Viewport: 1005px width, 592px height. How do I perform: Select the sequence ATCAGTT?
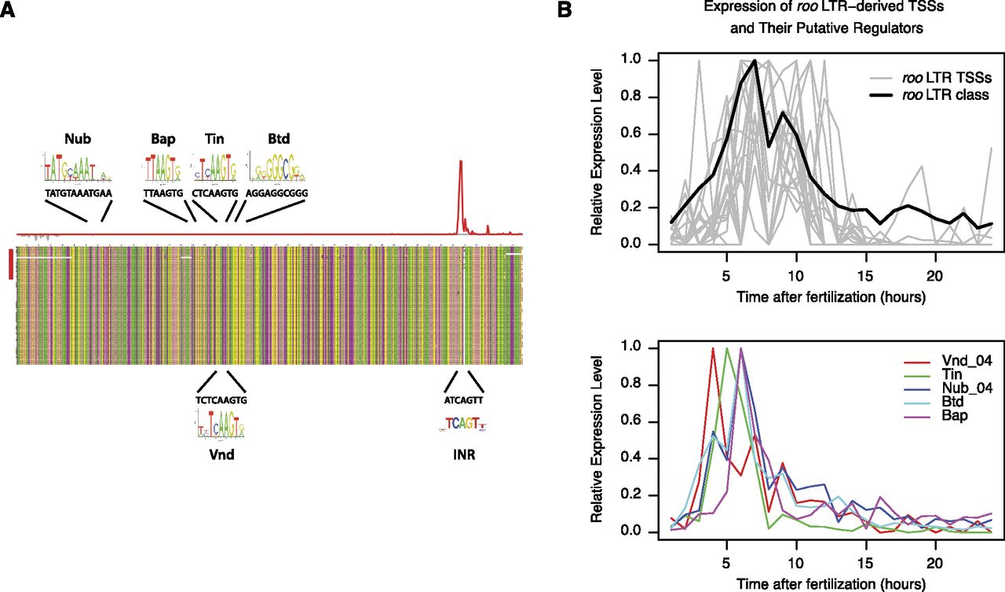coord(463,399)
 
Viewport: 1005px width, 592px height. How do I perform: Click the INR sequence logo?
coord(463,424)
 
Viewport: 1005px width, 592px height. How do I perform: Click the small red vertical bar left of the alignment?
coord(10,263)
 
